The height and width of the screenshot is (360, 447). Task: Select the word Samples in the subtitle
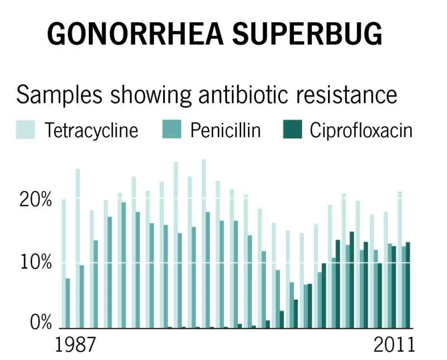tap(60, 95)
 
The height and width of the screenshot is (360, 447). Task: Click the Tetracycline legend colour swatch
tap(25, 130)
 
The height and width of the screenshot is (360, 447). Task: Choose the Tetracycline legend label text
tap(91, 131)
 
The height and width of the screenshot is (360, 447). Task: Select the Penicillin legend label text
tap(225, 131)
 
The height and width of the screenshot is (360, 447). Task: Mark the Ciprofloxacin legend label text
tap(362, 131)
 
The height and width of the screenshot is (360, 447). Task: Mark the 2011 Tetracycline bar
tap(400, 260)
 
